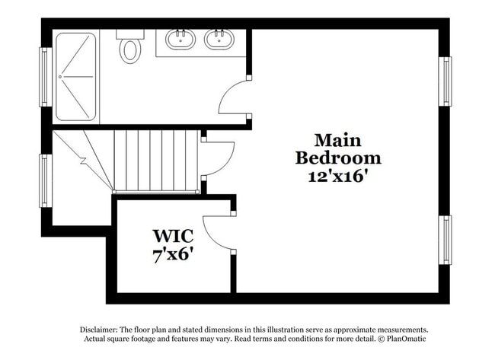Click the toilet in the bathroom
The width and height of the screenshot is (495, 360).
coord(130,50)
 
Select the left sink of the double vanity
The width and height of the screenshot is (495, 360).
coord(180,39)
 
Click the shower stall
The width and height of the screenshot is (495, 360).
coord(75,76)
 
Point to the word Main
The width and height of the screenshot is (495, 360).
coord(337,141)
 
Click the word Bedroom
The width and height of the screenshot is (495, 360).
coord(337,158)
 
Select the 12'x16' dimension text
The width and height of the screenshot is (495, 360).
coord(337,176)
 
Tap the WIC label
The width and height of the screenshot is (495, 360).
coord(173,235)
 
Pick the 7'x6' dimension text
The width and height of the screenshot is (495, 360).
coord(173,253)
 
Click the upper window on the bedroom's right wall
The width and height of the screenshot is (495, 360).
coord(445,81)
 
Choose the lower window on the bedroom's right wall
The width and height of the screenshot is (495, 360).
coord(445,240)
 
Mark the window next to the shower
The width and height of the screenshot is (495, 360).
coord(45,76)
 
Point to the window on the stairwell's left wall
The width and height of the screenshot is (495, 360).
coord(45,180)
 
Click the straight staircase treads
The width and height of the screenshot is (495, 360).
coord(155,160)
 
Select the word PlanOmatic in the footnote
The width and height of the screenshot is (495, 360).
coord(404,339)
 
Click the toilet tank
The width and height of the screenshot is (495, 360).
coord(129,34)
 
